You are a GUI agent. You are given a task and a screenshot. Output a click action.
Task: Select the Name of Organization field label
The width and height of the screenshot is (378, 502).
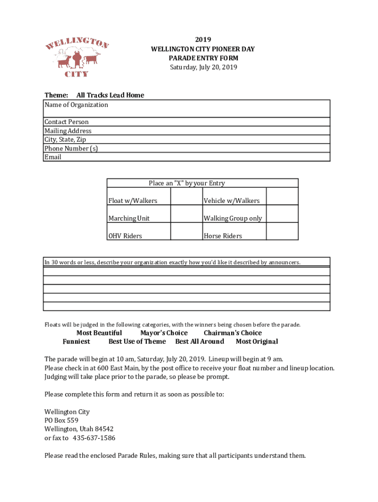[x=76, y=105]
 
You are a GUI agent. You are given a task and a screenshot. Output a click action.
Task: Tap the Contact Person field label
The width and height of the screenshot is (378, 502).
[x=66, y=122]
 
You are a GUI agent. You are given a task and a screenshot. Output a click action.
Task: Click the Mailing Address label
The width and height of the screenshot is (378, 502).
[x=68, y=131]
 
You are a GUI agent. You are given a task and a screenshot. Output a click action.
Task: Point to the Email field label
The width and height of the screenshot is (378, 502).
[x=53, y=157]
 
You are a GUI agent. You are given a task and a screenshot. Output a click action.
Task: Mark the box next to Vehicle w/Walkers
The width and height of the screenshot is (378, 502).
[x=282, y=196]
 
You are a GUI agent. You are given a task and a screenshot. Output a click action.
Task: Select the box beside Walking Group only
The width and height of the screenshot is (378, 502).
[x=282, y=214]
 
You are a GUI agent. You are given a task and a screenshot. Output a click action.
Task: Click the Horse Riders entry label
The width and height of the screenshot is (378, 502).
[x=222, y=236]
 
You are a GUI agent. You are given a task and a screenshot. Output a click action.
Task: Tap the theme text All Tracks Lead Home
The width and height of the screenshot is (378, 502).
[x=110, y=95]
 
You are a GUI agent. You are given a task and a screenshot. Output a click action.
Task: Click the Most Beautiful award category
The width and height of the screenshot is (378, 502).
[x=99, y=333]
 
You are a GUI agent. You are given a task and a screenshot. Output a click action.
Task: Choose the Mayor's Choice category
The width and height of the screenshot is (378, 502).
[x=163, y=333]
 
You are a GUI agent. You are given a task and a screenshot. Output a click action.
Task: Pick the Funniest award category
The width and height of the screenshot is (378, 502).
[x=76, y=342]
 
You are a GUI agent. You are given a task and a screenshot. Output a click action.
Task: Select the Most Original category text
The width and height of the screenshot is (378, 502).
[x=257, y=342]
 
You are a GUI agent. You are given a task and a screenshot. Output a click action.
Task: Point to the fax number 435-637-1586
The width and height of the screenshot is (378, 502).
[x=94, y=438]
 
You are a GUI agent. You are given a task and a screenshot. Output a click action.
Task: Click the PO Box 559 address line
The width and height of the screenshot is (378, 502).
[x=61, y=420]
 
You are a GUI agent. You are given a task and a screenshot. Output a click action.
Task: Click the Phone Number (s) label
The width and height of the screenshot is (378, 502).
[x=71, y=149]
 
